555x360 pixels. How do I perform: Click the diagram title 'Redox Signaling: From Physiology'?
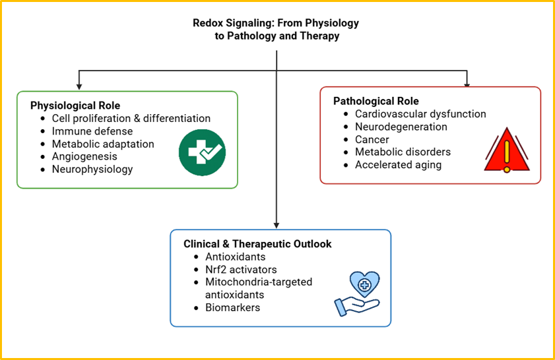(276, 22)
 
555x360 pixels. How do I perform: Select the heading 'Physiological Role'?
(75, 105)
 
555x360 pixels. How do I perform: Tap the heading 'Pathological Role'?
(375, 101)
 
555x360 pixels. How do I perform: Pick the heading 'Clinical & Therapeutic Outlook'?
(257, 244)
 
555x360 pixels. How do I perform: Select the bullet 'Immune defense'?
(92, 131)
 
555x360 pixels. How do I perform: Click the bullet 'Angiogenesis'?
(84, 156)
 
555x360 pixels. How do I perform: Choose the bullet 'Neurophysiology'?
(92, 169)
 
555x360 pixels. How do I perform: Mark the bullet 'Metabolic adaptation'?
(103, 144)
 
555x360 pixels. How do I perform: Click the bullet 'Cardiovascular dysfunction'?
(420, 114)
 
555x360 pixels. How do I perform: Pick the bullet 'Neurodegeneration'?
(401, 127)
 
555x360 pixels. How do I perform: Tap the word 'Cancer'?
(372, 139)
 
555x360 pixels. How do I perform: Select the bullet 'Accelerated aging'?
(398, 165)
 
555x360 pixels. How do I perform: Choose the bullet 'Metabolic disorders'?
(403, 152)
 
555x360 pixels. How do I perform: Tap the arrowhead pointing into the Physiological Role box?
(79, 86)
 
